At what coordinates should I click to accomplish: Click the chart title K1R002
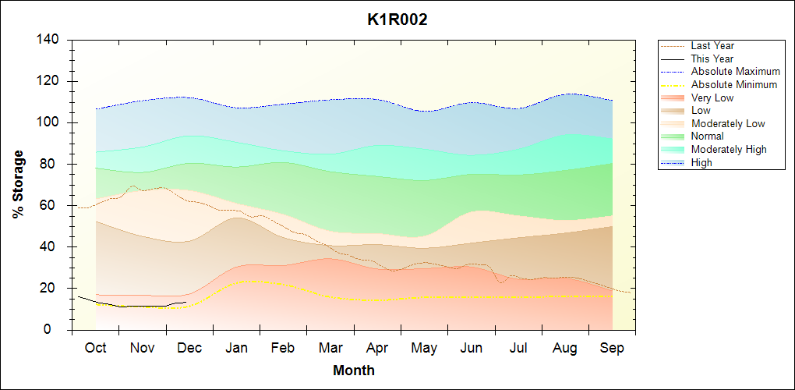(x=397, y=20)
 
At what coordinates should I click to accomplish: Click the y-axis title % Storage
(x=19, y=184)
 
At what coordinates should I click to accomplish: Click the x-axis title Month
(x=354, y=370)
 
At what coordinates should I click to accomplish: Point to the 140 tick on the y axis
(x=51, y=40)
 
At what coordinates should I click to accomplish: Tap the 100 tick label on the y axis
(x=51, y=122)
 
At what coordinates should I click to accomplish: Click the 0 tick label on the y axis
(x=58, y=330)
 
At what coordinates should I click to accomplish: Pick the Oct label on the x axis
(x=95, y=348)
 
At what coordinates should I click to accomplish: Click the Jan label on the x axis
(x=236, y=348)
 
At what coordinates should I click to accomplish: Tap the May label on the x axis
(x=424, y=348)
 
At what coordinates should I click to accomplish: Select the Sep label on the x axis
(x=612, y=348)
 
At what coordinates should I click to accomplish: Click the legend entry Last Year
(x=712, y=46)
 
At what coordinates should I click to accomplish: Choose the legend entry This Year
(x=712, y=58)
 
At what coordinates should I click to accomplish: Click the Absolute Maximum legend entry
(x=735, y=72)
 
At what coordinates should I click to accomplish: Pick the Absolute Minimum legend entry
(x=734, y=84)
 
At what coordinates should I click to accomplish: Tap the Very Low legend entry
(x=712, y=97)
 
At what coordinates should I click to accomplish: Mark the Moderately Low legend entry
(x=728, y=123)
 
